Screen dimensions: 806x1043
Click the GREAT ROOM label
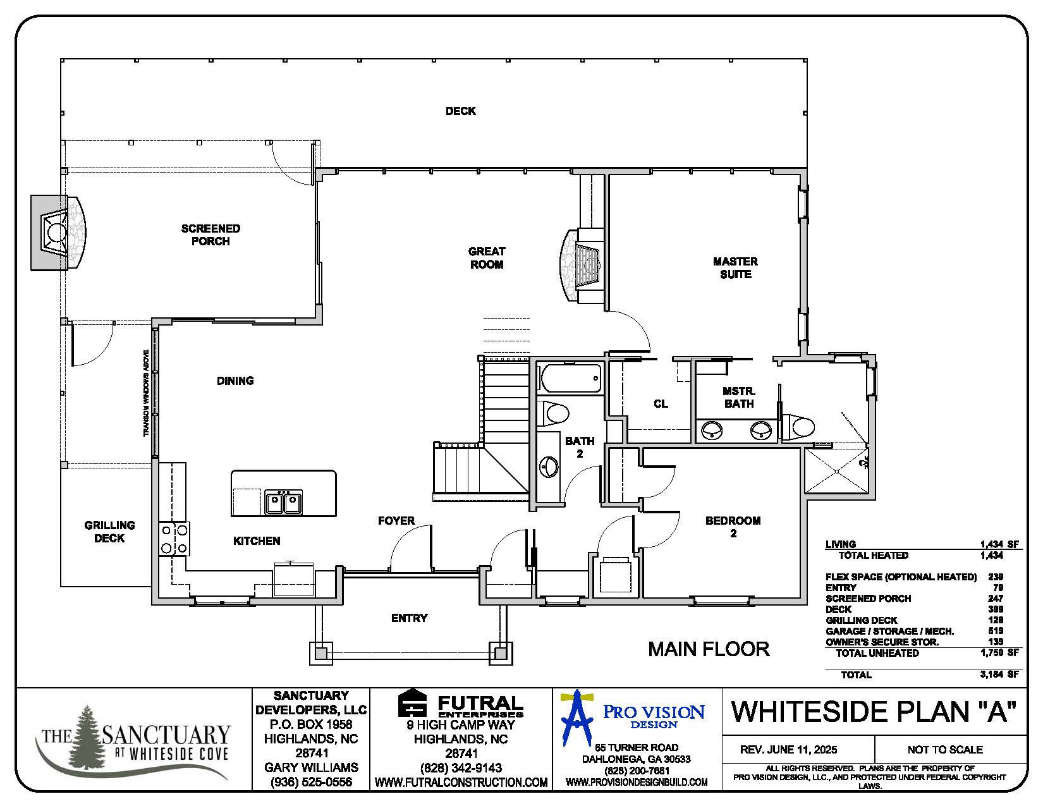[x=486, y=258]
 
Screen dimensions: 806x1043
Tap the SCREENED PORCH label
[x=210, y=235]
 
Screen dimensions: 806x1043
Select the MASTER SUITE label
[x=735, y=267]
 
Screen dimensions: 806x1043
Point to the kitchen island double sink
[x=283, y=503]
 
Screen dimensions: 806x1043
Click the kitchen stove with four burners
[x=174, y=539]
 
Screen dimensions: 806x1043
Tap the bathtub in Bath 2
[x=570, y=379]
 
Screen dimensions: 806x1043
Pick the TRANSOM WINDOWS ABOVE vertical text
[x=146, y=393]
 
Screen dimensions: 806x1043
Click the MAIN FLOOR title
[x=709, y=649]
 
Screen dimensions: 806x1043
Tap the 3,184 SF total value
[x=999, y=675]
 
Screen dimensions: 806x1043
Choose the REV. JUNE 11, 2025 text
[x=788, y=750]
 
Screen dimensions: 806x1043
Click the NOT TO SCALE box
[x=944, y=750]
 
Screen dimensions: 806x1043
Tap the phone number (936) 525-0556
[x=310, y=782]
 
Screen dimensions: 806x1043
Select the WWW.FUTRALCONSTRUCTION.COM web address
[x=461, y=783]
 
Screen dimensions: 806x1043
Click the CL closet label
[x=661, y=403]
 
